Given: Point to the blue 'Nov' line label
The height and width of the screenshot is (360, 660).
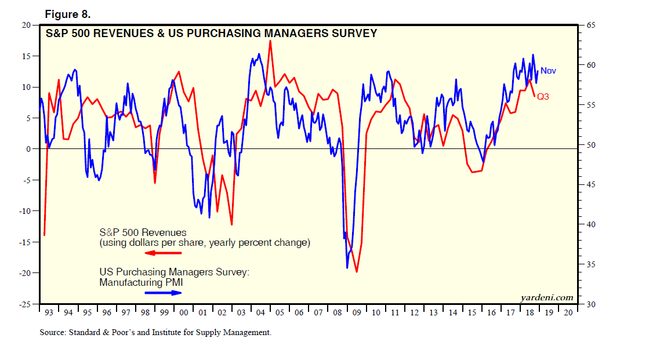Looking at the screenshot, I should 548,71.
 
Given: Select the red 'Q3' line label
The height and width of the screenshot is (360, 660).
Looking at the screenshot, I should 543,97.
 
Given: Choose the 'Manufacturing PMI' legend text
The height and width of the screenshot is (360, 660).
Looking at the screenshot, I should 137,282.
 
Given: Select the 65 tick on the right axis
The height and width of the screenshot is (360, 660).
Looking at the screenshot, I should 591,25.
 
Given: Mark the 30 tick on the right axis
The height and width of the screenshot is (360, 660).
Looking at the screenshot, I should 591,304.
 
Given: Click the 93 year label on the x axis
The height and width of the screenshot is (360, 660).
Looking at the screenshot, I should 49,313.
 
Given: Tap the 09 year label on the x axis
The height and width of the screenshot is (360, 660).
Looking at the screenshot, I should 356,313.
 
